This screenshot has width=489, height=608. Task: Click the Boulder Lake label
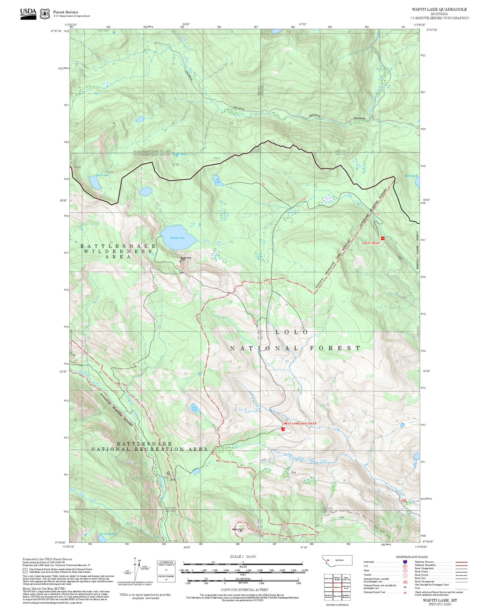coord(177,238)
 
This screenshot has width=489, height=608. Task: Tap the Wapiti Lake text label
coord(102,176)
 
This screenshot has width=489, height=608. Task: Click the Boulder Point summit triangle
coord(180,261)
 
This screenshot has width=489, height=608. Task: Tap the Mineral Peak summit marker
coord(243,528)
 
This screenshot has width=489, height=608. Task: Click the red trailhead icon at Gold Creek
coord(383,239)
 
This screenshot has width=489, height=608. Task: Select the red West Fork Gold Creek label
coord(300,424)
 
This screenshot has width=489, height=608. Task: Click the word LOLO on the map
coord(291,332)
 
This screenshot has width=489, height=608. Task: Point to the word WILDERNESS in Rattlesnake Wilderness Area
coord(118,251)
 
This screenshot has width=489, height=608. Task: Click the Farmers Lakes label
coord(108,534)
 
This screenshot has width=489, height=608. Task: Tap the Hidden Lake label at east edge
coord(411,176)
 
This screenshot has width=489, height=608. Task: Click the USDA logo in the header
coord(28,14)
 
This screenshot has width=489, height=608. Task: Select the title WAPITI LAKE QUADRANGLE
coord(439,9)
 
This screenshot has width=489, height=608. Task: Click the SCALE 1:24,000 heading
coord(243,556)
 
